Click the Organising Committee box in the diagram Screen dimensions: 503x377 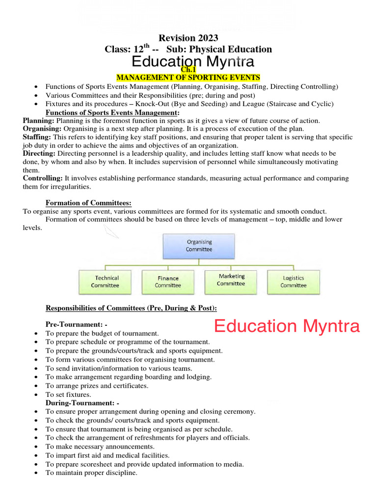coord(199,246)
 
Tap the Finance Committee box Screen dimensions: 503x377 coord(168,282)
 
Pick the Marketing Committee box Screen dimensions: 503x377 coord(231,280)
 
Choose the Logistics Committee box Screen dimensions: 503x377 coord(293,282)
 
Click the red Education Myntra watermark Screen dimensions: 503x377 coord(287,326)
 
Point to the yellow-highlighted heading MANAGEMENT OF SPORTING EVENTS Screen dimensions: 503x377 coord(188,78)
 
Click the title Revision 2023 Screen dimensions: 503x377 coord(188,38)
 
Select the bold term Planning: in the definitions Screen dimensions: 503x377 coord(39,120)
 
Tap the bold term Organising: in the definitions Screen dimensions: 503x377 coord(42,129)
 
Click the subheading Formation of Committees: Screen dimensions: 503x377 coord(88,203)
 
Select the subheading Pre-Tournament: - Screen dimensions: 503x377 coord(76,325)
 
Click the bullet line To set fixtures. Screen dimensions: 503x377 coord(68,394)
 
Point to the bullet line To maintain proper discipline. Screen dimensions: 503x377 coord(91,473)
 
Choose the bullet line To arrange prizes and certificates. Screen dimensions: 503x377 coord(97,386)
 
